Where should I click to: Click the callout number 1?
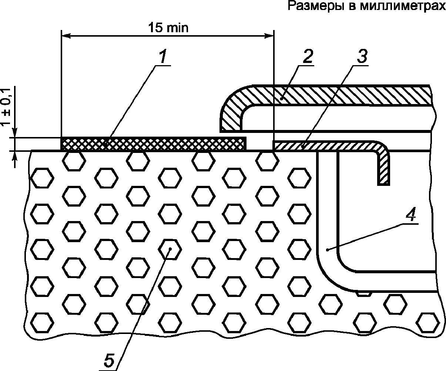(x=163, y=56)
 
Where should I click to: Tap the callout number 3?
(x=362, y=56)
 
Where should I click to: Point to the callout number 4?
(x=411, y=214)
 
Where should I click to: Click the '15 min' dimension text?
(x=168, y=27)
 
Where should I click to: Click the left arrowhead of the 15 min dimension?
(x=66, y=36)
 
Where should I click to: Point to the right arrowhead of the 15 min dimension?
(x=269, y=36)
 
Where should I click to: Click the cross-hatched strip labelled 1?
(x=153, y=144)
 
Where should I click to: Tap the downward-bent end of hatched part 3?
(x=383, y=169)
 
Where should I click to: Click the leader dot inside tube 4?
(x=327, y=250)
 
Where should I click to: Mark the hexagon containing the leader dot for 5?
(x=170, y=250)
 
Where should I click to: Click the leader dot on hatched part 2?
(x=282, y=99)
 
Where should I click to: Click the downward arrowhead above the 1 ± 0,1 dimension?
(x=15, y=133)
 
